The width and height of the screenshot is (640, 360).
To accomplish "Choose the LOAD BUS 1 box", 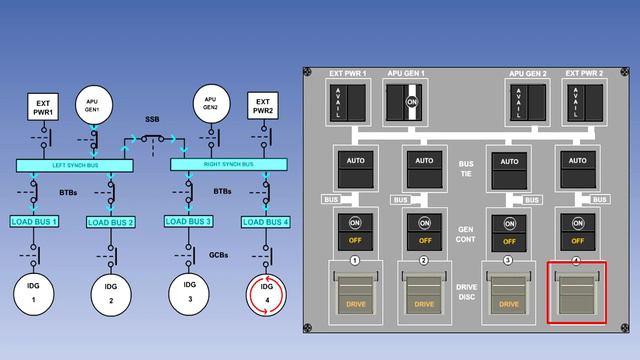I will click(x=35, y=220).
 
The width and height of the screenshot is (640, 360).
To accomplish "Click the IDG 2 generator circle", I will click(x=110, y=292).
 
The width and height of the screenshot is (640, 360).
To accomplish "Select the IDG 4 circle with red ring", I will click(x=266, y=293).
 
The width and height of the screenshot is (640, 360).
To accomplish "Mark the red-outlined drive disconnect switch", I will click(x=577, y=293).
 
